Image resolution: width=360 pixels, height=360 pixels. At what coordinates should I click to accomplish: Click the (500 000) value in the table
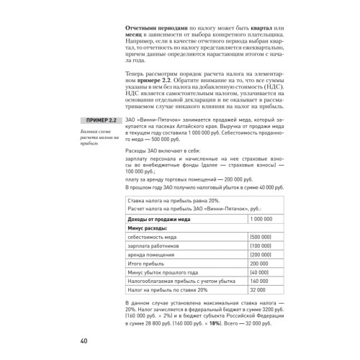tap(260, 236)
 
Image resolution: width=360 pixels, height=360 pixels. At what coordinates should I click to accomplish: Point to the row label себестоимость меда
tap(155, 236)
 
